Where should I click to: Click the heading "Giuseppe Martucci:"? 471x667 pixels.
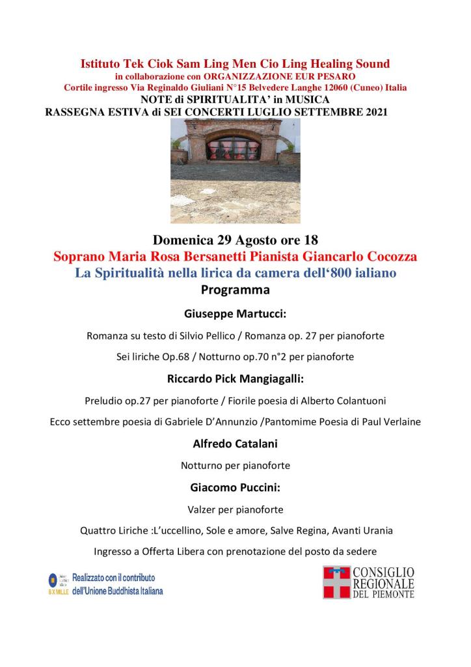235,313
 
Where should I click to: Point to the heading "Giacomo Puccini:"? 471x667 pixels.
235,487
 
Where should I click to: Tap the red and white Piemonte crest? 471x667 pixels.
336,582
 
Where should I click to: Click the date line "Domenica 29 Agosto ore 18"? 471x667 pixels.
235,239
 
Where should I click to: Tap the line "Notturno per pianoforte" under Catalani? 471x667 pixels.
235,465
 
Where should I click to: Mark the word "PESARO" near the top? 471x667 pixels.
335,76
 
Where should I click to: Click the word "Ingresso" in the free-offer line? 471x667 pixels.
113,552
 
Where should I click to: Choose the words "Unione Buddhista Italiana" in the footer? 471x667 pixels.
122,591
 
